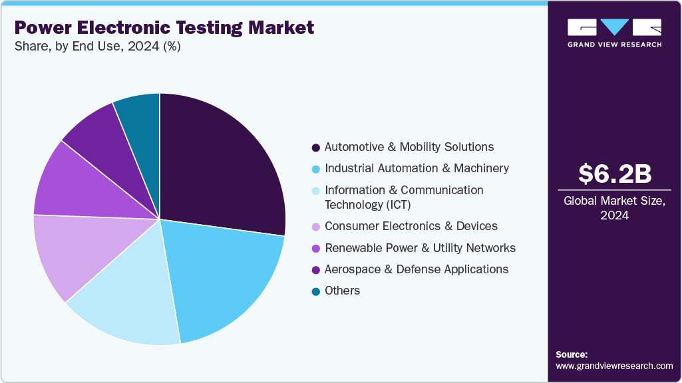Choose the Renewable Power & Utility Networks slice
[x=73, y=186]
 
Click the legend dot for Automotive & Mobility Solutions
[x=315, y=147]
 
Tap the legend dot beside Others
[x=315, y=291]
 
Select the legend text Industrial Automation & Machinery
[x=417, y=168]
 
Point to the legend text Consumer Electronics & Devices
[x=411, y=227]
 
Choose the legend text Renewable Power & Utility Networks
[x=420, y=248]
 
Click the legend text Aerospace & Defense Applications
[x=417, y=269]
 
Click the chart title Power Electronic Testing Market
[x=164, y=28]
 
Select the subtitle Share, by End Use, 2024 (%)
[x=97, y=47]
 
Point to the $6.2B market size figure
[x=614, y=174]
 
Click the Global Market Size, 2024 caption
[x=614, y=208]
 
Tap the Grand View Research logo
[x=614, y=33]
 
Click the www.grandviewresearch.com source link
[x=614, y=366]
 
